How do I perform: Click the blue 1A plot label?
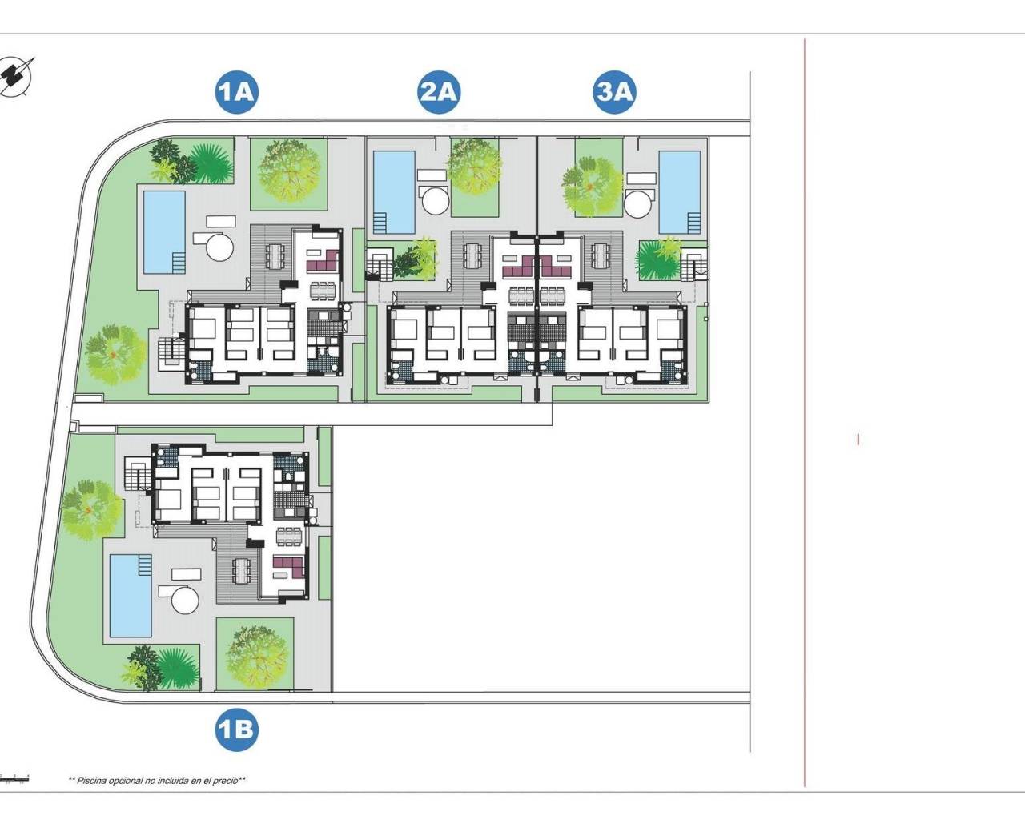(x=235, y=92)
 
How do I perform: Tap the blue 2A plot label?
(x=438, y=92)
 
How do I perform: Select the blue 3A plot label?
(x=614, y=92)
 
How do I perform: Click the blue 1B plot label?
(x=236, y=729)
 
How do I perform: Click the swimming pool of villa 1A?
(x=164, y=231)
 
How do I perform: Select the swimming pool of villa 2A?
(x=394, y=191)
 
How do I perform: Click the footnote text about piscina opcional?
(x=157, y=780)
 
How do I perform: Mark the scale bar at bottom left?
(x=14, y=778)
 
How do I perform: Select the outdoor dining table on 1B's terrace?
(x=241, y=570)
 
